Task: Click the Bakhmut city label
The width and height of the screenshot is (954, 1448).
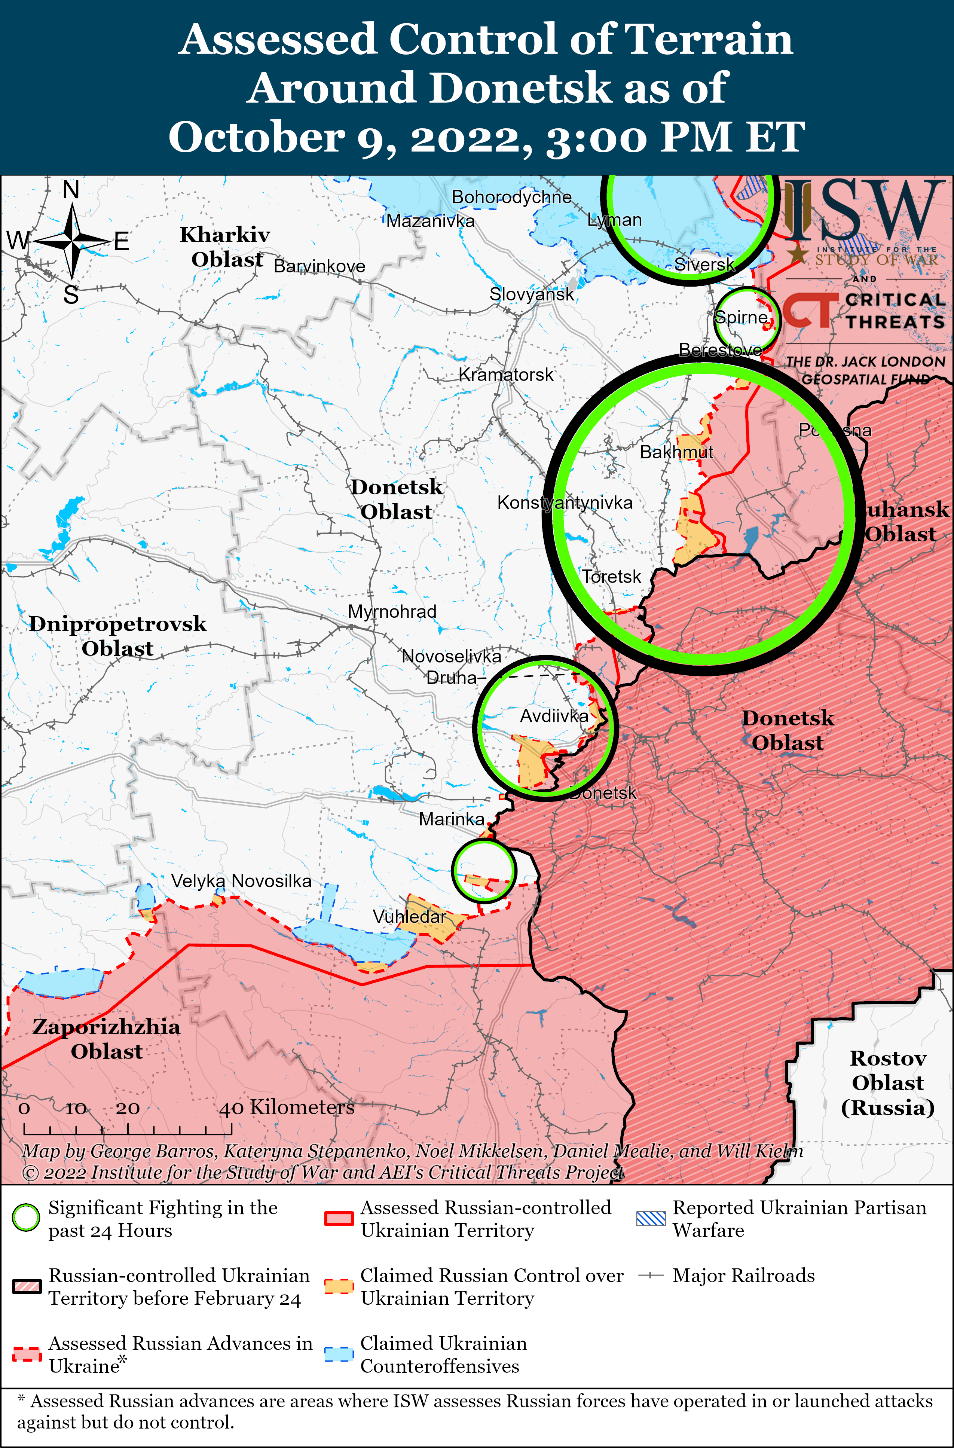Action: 676,452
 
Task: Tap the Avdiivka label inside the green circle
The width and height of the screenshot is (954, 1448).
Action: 554,716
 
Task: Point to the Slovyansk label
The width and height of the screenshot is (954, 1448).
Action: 531,294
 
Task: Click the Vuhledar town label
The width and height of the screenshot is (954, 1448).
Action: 409,916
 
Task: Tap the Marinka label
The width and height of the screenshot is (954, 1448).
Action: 452,819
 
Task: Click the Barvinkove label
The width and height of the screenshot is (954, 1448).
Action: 319,266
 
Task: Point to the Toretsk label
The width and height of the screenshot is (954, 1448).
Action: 611,577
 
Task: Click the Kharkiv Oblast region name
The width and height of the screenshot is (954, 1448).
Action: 225,247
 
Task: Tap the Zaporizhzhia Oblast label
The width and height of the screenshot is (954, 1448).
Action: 107,1039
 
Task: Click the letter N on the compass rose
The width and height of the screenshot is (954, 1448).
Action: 71,190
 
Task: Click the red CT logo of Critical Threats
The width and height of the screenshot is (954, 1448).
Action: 808,310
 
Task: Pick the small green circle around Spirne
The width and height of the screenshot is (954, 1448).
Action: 745,318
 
